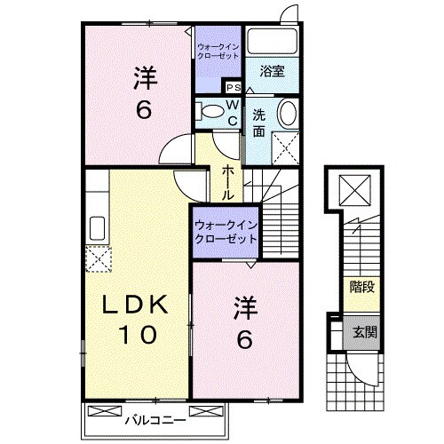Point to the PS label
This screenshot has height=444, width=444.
(x=234, y=87)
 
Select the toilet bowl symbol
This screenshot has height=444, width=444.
(x=211, y=111)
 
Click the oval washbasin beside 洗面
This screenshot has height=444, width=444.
(x=288, y=115)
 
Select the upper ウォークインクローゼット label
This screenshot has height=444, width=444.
(x=218, y=51)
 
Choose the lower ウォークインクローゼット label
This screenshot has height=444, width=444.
(x=226, y=232)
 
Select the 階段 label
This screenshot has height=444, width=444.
(x=361, y=287)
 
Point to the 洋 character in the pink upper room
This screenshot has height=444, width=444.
(x=146, y=79)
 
